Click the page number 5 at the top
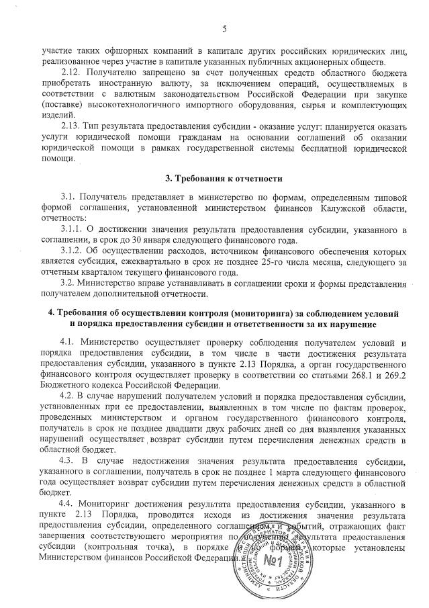[224, 28]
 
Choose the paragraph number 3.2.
[68, 283]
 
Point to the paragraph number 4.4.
[68, 503]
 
